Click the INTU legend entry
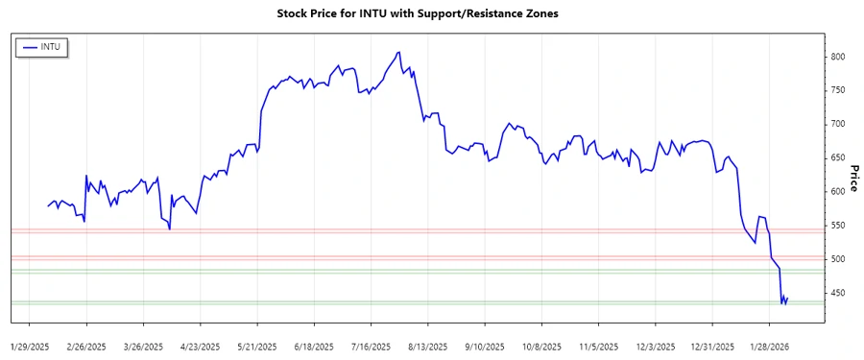[x=42, y=46]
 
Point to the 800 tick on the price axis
[x=838, y=57]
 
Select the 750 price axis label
[x=838, y=90]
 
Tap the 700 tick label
[x=838, y=124]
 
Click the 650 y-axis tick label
[x=838, y=157]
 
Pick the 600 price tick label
[x=838, y=191]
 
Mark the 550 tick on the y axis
[x=838, y=225]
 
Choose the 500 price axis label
[x=838, y=259]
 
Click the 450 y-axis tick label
[x=838, y=293]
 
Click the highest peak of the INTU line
[x=397, y=52]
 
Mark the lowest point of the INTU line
[x=783, y=304]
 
